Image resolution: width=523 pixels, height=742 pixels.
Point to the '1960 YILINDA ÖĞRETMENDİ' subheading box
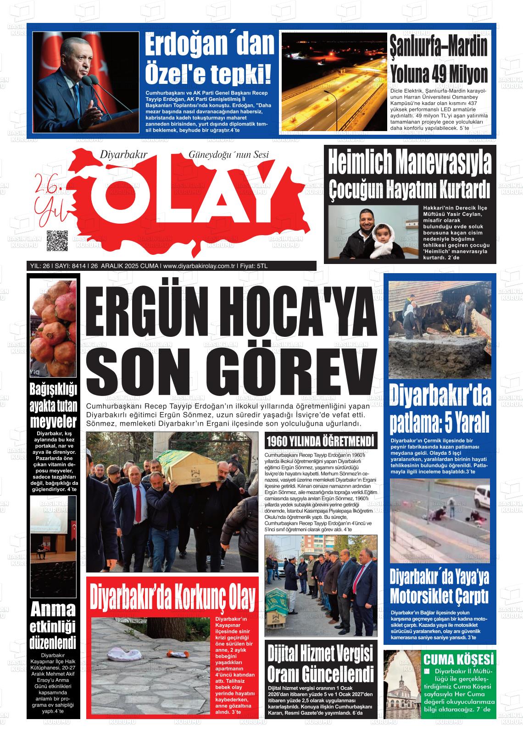pyautogui.click(x=320, y=442)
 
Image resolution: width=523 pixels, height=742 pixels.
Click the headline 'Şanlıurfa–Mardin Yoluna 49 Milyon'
pyautogui.click(x=439, y=60)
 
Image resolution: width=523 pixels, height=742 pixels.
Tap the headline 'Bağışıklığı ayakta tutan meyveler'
pyautogui.click(x=53, y=405)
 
